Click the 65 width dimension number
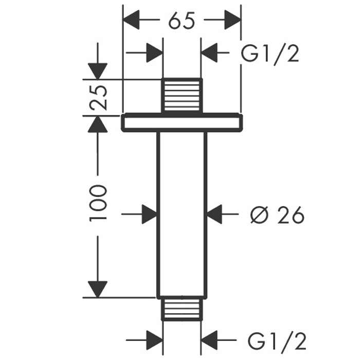[182, 20]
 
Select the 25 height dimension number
[98, 98]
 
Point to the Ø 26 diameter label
[277, 214]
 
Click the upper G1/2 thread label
[270, 53]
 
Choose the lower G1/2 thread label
[277, 340]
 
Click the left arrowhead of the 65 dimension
[131, 20]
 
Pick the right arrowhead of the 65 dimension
[232, 20]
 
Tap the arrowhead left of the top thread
[155, 53]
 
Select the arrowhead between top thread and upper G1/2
[209, 53]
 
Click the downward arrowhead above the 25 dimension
[98, 71]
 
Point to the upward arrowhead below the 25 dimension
[98, 124]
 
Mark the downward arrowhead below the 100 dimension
[98, 289]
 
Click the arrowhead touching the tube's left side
[150, 214]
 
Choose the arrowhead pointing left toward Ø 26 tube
[214, 214]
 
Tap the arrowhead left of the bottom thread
[155, 340]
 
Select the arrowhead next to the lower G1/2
[209, 340]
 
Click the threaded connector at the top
[182, 96]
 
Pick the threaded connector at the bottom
[182, 309]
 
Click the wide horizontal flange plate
[182, 123]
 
